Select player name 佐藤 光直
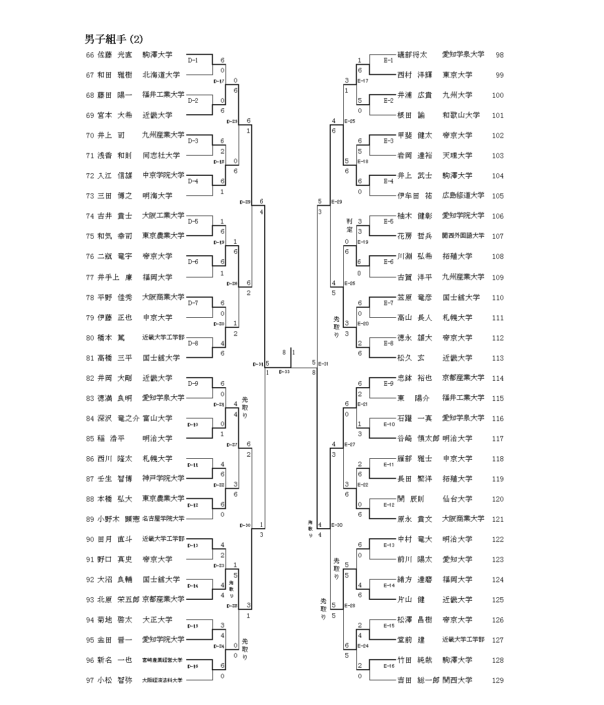pos(115,55)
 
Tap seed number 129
pos(497,680)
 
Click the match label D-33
pos(284,372)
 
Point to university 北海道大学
pos(161,75)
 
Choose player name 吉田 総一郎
pos(418,680)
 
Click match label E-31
pos(323,364)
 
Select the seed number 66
pos(90,55)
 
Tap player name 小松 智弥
pos(115,680)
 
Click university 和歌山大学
pos(461,115)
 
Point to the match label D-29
pos(245,202)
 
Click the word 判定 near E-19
pos(349,225)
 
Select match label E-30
pos(337,525)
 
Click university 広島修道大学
pos(463,196)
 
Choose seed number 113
pos(497,358)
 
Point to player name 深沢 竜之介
pos(118,418)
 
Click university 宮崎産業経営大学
pos(162,660)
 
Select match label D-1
pos(193,60)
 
